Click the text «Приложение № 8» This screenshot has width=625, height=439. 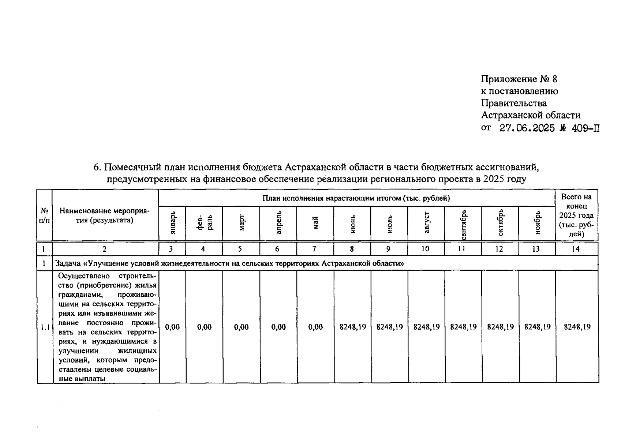[x=519, y=79]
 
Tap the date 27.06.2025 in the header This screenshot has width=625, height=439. [x=527, y=128]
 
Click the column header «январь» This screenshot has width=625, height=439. [x=173, y=223]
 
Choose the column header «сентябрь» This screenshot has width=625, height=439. [x=463, y=224]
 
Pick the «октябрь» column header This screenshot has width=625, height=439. [x=501, y=223]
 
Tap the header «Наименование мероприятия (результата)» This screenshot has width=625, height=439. [x=105, y=215]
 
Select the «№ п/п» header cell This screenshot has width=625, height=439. [x=44, y=215]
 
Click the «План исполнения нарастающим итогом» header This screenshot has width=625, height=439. [x=356, y=198]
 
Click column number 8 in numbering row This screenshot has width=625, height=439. [x=352, y=249]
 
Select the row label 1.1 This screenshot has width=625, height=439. [x=45, y=327]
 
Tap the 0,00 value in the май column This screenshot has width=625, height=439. [x=315, y=327]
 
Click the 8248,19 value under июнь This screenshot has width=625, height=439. [x=353, y=327]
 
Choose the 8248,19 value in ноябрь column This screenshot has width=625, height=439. [x=537, y=327]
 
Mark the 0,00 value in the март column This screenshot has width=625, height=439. [x=241, y=327]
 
